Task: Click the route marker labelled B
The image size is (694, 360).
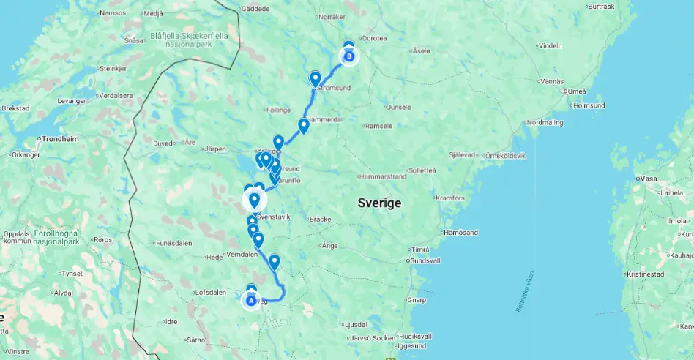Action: [349, 56]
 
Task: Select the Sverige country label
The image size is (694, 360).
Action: [379, 203]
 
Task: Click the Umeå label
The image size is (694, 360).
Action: [576, 90]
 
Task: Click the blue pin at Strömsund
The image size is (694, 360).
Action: [316, 78]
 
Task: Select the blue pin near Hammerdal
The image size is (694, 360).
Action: [303, 125]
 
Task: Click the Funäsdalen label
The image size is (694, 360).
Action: [174, 243]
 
